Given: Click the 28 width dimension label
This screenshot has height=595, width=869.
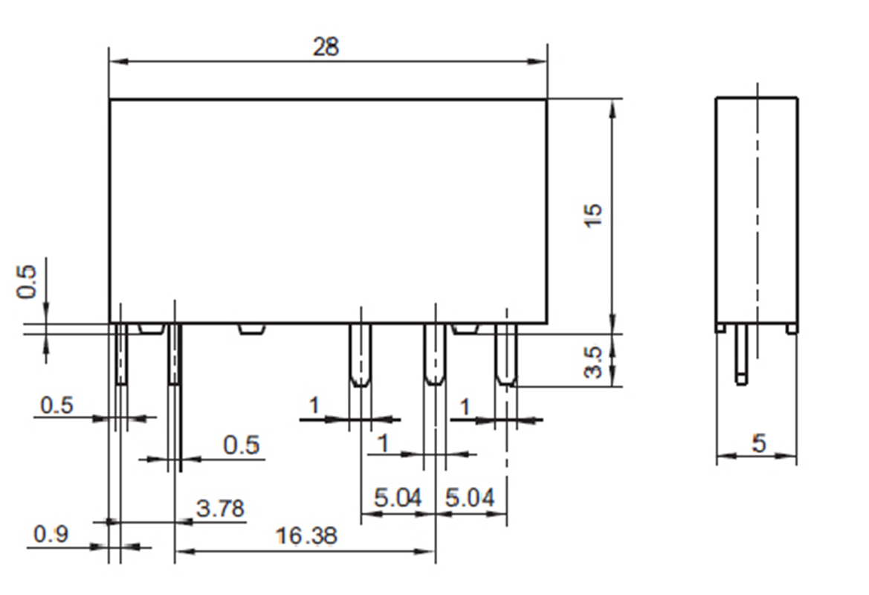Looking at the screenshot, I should [x=326, y=47].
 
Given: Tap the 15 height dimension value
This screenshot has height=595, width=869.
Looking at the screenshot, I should [x=594, y=215].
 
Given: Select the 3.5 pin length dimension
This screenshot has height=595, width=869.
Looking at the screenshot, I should [x=594, y=361].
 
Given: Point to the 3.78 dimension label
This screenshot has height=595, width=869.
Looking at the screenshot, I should [x=220, y=509].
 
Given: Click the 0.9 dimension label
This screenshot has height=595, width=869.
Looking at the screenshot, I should [x=51, y=535].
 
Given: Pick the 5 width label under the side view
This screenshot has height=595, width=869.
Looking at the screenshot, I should [x=758, y=444].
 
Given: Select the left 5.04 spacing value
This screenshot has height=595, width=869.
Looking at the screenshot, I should [x=398, y=498].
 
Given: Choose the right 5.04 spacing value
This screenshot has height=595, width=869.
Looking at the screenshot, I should [x=470, y=498].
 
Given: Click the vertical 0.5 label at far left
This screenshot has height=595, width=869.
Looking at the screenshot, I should [x=28, y=281].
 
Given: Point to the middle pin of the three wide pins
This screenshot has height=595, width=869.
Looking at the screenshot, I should [x=434, y=356].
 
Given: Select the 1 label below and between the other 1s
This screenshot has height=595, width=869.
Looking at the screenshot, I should [x=384, y=444].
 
